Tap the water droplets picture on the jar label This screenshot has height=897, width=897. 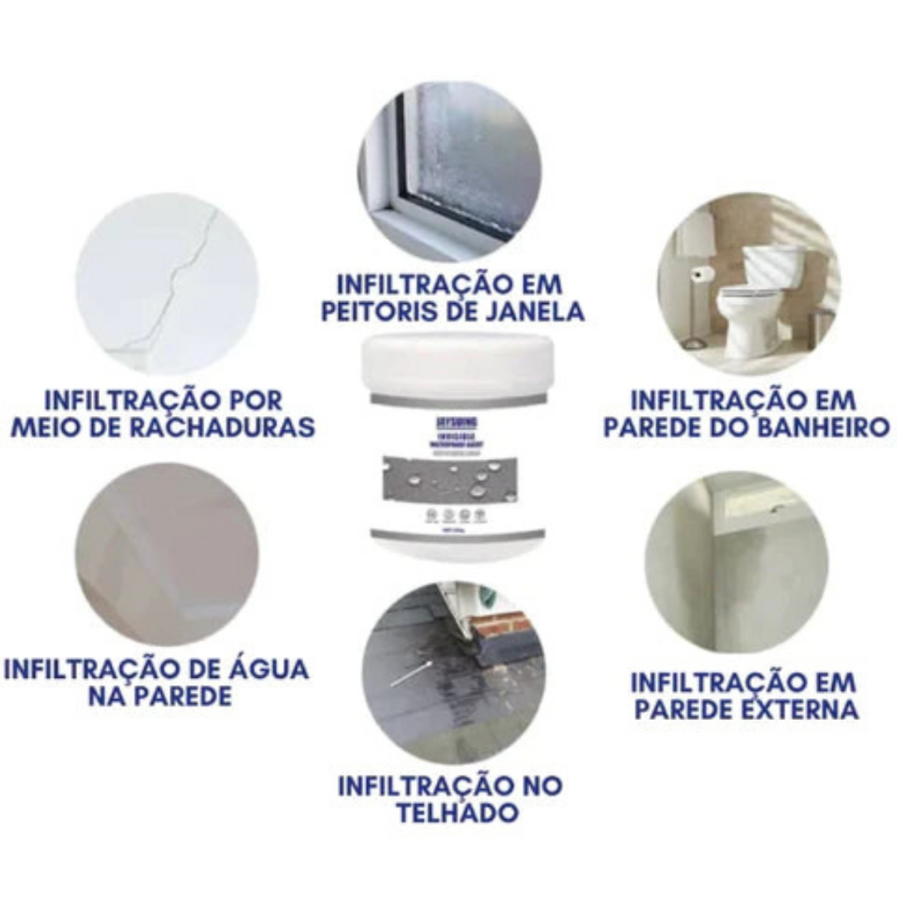[x=457, y=480]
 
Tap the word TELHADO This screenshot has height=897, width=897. [x=456, y=812]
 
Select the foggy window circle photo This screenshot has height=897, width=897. [x=449, y=172]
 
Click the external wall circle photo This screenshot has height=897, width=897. [x=737, y=562]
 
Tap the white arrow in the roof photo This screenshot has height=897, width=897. [x=410, y=675]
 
